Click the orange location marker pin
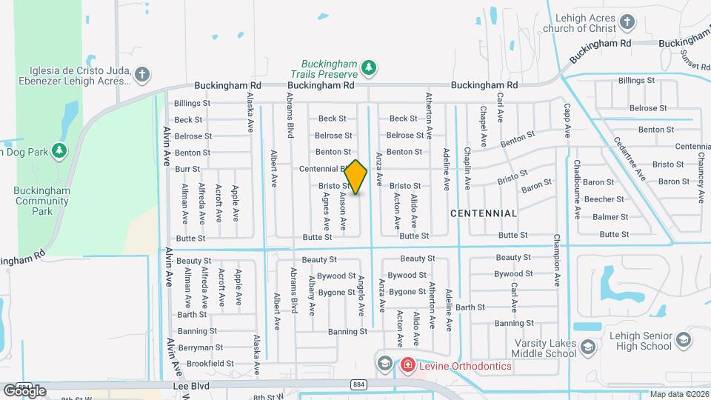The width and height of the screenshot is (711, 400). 355,177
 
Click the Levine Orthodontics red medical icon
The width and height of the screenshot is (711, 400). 407,365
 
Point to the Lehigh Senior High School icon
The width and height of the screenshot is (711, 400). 683,340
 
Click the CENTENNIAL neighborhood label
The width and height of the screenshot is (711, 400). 484,213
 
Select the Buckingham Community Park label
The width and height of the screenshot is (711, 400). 42,201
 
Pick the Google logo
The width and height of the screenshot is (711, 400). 24,390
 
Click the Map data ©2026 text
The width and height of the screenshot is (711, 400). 679,395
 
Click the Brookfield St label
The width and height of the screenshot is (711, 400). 210,364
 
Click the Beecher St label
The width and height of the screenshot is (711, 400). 604,199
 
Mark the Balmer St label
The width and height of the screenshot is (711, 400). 610,217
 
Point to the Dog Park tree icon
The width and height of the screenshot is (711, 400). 59,151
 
